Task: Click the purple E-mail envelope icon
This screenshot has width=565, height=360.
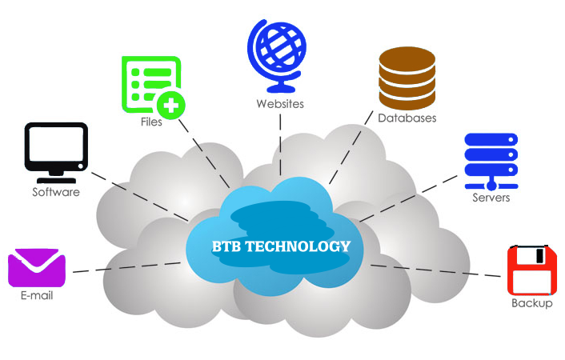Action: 36,267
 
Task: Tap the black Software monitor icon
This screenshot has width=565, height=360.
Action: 55,148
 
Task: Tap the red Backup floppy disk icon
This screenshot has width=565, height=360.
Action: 531,271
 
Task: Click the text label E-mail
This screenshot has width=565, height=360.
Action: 37,296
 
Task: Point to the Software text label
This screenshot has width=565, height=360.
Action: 55,192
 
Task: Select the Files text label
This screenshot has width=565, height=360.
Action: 150,122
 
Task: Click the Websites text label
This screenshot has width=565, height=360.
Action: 280,104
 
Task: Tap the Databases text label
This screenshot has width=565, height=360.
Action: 407,118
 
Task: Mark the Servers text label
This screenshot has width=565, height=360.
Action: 491,198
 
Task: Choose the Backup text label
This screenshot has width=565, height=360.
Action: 531,303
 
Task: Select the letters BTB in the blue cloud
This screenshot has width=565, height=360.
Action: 223,246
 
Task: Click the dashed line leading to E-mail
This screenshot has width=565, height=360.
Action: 128,267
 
